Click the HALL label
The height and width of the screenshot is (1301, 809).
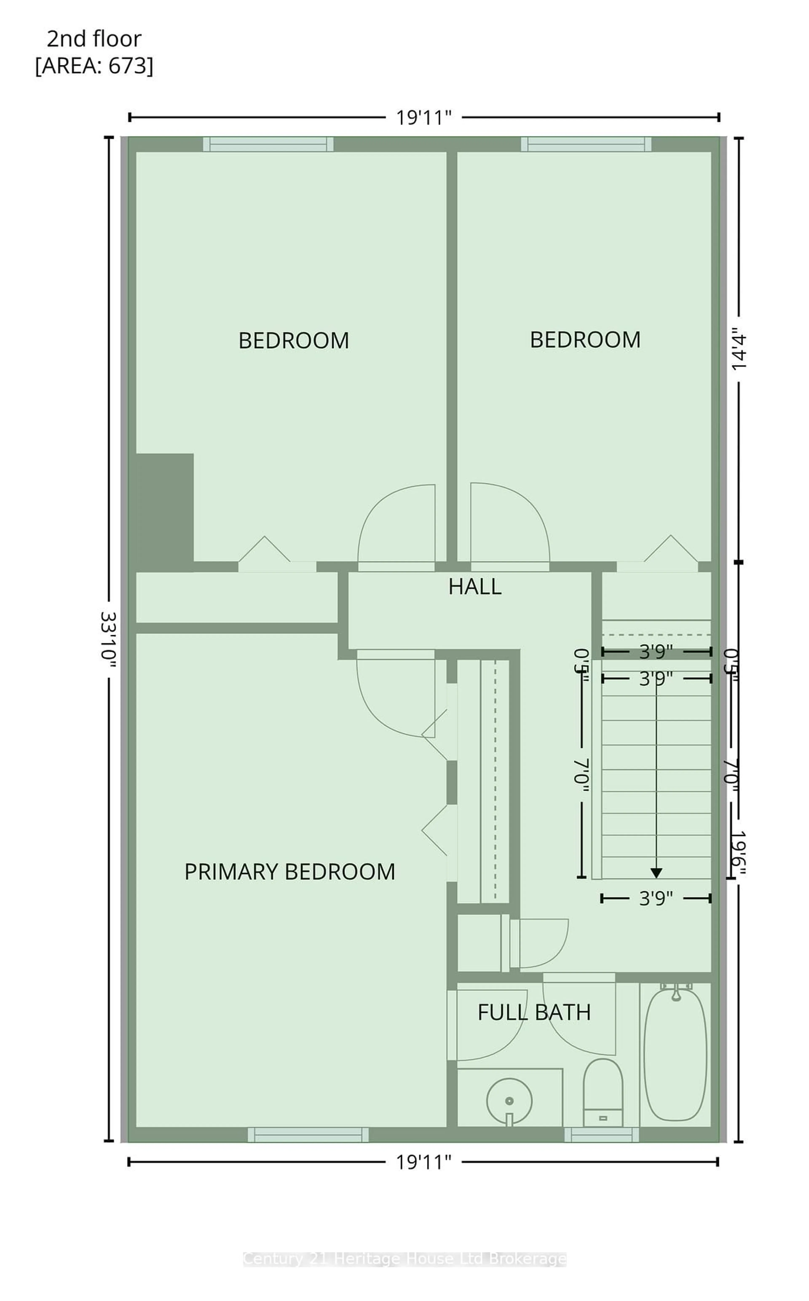coord(475,587)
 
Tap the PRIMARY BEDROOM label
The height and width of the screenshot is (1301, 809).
coord(289,872)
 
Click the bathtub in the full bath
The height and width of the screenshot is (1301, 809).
coord(676,1055)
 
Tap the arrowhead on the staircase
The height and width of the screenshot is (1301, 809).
coord(656,873)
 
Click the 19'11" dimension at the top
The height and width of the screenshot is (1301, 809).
coord(424,117)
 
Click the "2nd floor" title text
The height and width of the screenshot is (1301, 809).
coord(94,39)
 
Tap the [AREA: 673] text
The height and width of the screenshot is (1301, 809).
coord(94,66)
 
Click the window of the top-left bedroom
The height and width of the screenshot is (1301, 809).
coord(268,144)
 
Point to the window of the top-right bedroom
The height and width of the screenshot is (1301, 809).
coord(586,144)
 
